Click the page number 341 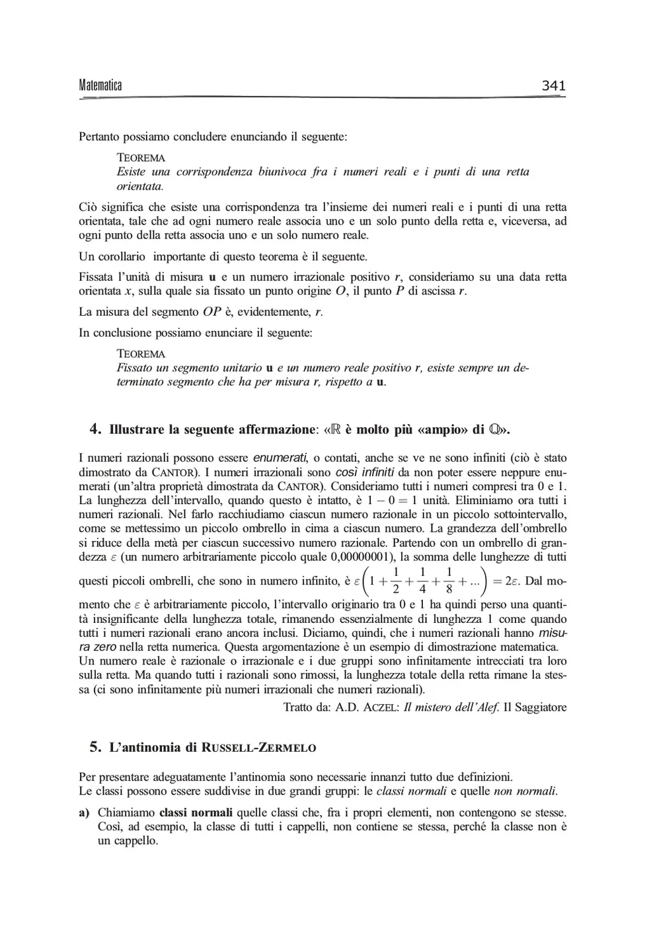click(553, 85)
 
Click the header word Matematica click(100, 85)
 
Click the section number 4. click(95, 429)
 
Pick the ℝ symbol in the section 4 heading click(334, 429)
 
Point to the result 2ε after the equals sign click(512, 582)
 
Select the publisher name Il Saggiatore click(535, 707)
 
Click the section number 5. click(95, 747)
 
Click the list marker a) click(84, 812)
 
